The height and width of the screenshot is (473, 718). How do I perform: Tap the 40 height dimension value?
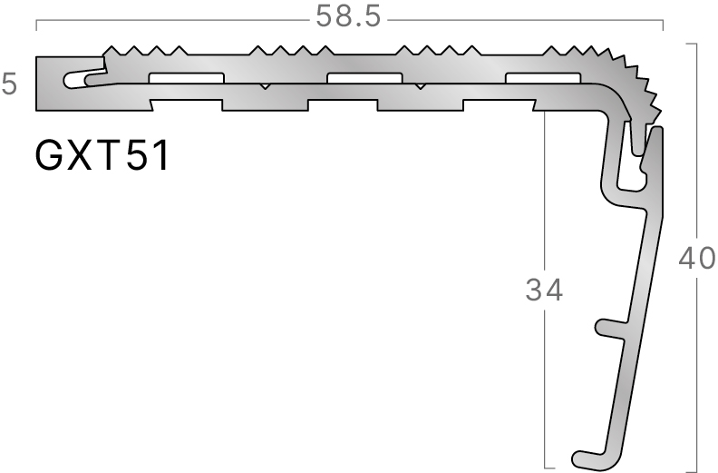(x=697, y=261)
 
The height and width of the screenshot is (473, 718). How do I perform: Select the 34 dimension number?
(x=544, y=291)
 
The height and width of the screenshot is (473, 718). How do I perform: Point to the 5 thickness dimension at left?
(x=9, y=85)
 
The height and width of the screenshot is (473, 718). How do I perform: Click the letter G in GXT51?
(x=50, y=156)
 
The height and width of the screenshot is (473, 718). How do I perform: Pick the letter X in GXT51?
(x=85, y=156)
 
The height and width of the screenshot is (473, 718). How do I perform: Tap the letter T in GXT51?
(x=118, y=156)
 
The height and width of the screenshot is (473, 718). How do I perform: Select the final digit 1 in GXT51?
(x=160, y=156)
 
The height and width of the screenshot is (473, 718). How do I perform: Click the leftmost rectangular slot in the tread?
(x=187, y=77)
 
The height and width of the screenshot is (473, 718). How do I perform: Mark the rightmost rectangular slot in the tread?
(x=542, y=77)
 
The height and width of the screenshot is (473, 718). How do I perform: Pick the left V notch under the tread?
(x=264, y=86)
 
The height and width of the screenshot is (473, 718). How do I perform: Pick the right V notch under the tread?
(x=420, y=86)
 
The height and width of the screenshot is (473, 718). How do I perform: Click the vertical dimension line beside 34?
(x=545, y=381)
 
